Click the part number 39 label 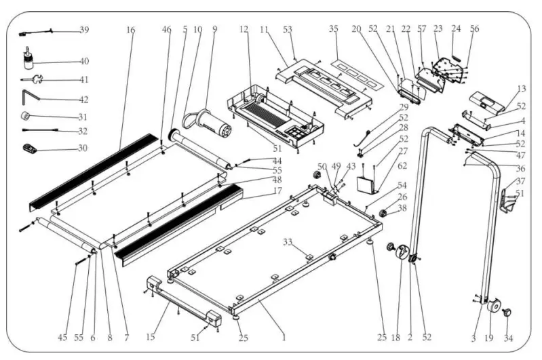[84, 30]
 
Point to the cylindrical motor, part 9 [212, 125]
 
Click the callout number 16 [130, 30]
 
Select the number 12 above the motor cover [244, 30]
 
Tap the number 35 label [333, 30]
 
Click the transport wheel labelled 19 [492, 305]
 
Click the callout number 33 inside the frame [288, 241]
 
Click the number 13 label [521, 89]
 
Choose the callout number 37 [520, 181]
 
